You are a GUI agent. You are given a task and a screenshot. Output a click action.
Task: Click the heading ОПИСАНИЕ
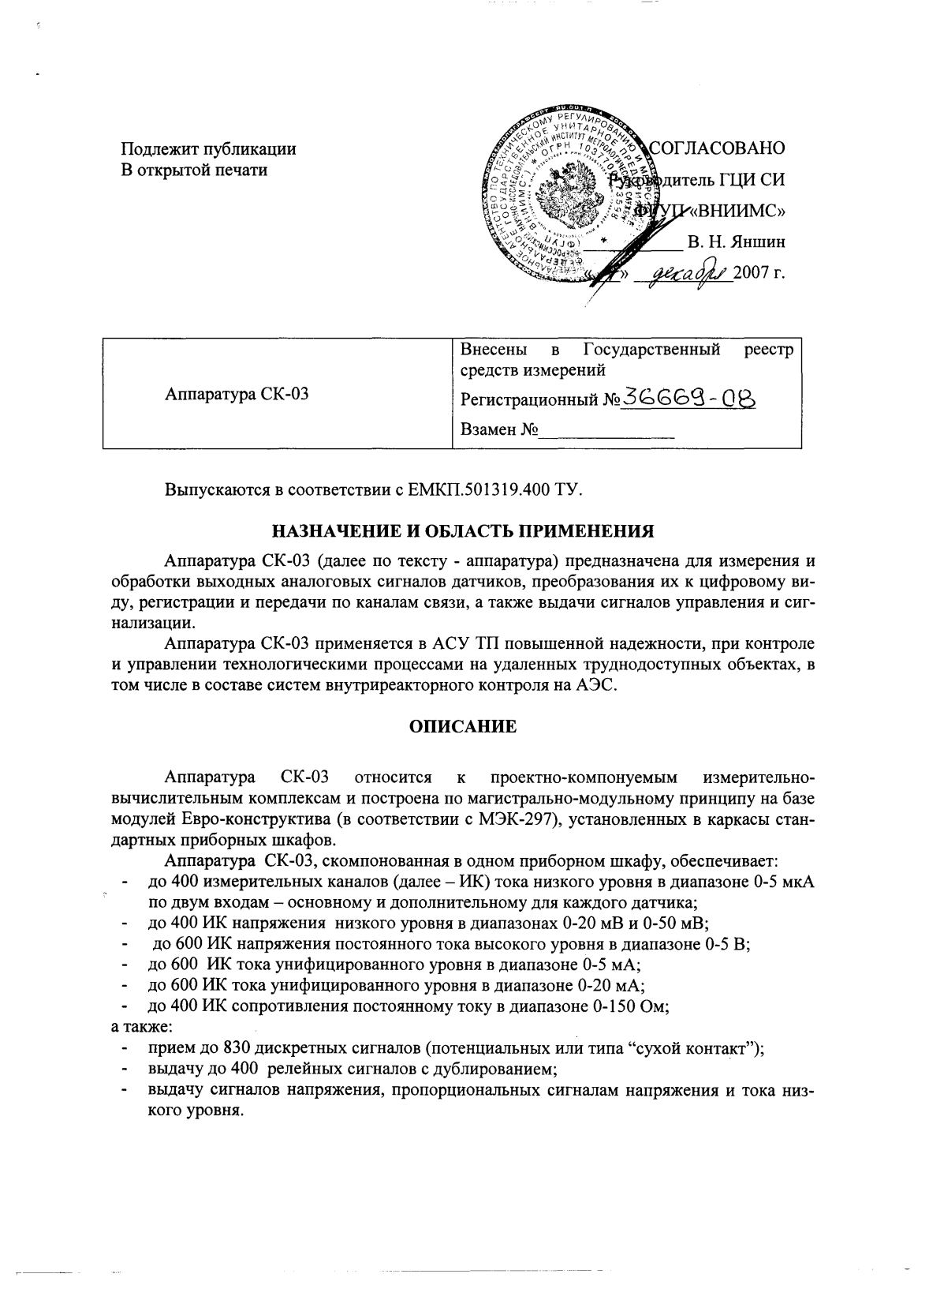pyautogui.click(x=464, y=727)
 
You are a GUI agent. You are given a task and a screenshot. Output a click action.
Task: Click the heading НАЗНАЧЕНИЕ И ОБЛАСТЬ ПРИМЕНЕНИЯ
pyautogui.click(x=464, y=530)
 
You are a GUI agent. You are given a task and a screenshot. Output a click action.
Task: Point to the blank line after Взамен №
pyautogui.click(x=607, y=431)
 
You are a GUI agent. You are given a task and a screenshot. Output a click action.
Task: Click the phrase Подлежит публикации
pyautogui.click(x=208, y=148)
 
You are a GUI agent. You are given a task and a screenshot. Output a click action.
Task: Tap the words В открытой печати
pyautogui.click(x=194, y=170)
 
